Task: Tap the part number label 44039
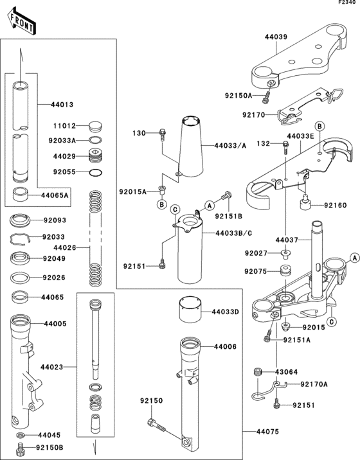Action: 276,38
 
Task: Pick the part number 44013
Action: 54,104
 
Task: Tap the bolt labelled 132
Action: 284,146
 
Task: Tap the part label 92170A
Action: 314,385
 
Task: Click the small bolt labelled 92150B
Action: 22,447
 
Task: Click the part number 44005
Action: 54,324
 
